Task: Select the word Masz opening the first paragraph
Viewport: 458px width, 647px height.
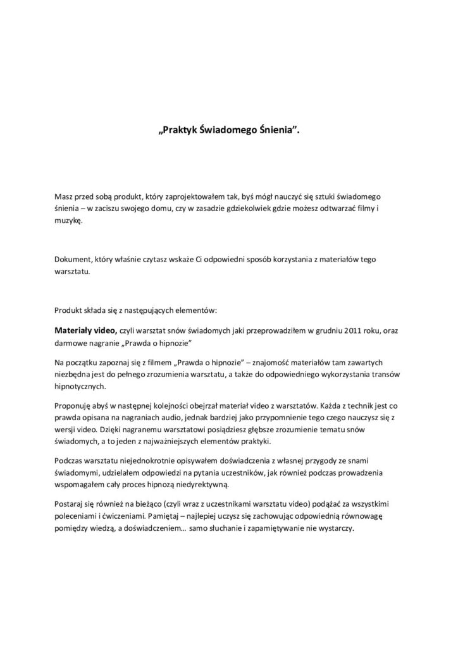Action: coord(65,198)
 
